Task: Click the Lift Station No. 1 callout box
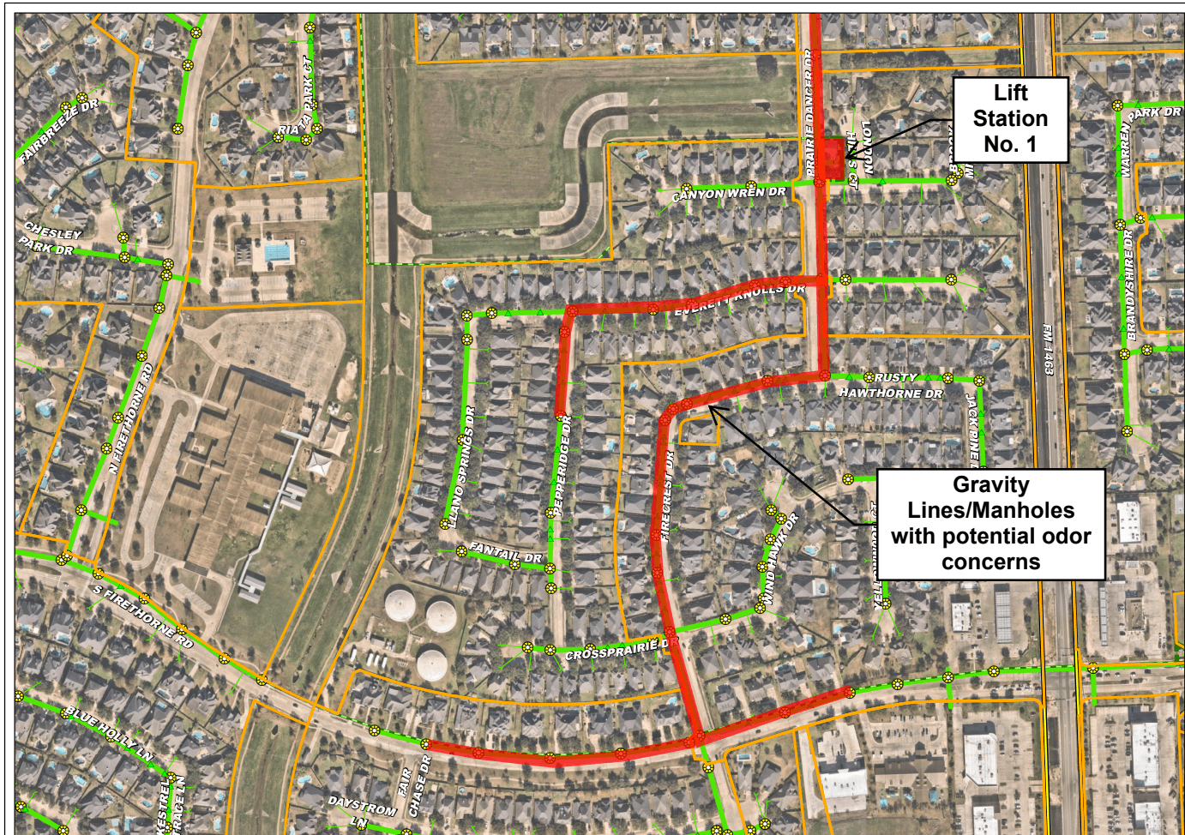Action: click(1010, 119)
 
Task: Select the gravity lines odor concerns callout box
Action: click(990, 524)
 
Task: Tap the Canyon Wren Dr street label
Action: click(729, 194)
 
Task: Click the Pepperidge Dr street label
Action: click(562, 466)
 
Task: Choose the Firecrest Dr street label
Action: click(669, 495)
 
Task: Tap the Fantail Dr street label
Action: click(505, 553)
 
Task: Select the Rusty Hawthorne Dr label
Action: click(893, 385)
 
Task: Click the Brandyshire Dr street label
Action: click(1130, 284)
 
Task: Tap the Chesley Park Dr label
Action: click(50, 239)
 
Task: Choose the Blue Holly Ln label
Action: click(109, 733)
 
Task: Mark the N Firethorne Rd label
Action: click(130, 417)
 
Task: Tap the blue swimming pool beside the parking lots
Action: click(276, 253)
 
